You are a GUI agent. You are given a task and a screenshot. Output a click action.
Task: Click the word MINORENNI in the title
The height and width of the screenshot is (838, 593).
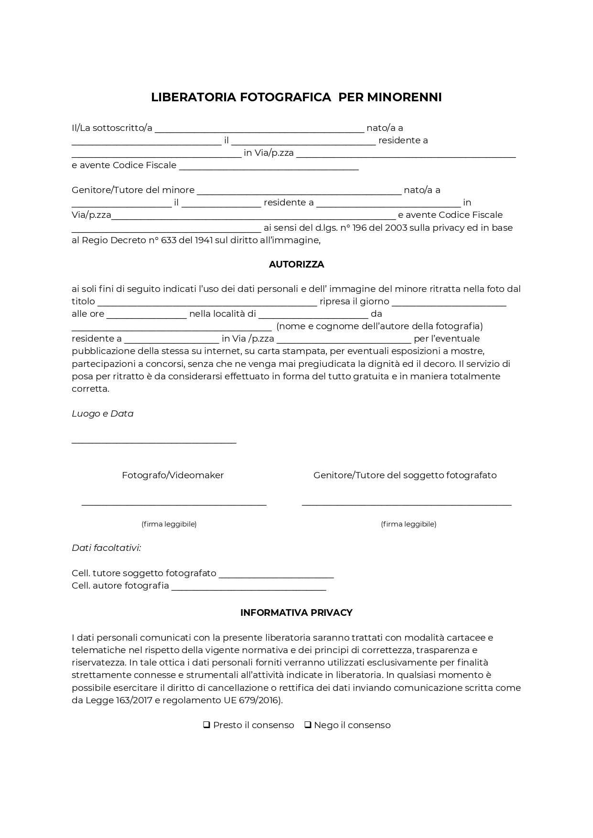point(404,97)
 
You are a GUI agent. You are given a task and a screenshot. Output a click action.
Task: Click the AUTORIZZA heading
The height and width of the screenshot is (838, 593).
point(296,264)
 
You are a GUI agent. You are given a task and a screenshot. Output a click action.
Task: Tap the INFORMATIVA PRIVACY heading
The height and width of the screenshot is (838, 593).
point(296,612)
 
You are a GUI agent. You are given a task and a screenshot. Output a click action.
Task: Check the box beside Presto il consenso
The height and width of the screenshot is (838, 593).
point(207,725)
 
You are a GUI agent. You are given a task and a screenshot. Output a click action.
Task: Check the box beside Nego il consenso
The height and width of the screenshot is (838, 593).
point(308,725)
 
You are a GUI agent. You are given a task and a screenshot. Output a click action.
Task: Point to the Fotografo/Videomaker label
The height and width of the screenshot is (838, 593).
point(173,475)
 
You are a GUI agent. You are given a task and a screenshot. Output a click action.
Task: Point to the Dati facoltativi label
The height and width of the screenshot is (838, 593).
point(106,548)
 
